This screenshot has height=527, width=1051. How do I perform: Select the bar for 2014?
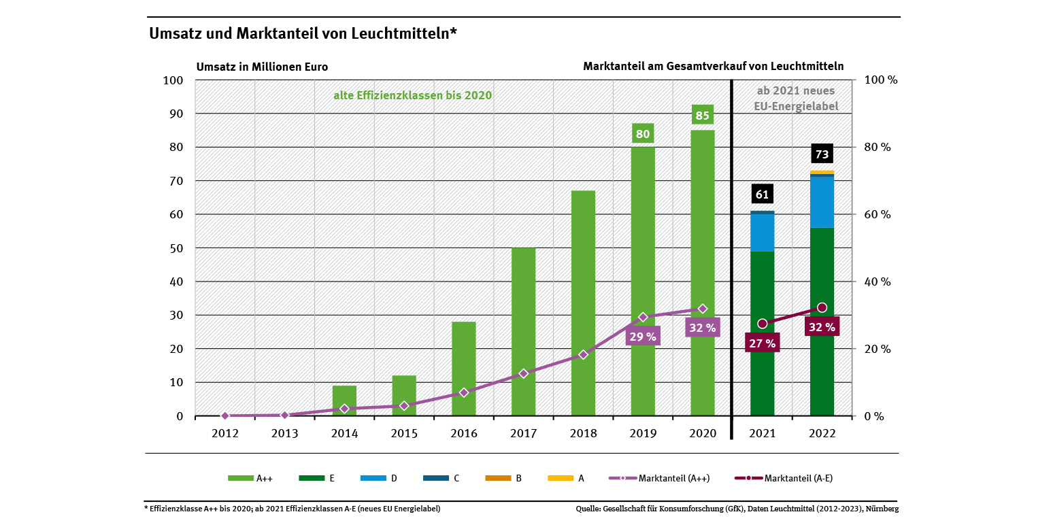[344, 401]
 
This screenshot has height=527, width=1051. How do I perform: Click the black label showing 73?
[822, 154]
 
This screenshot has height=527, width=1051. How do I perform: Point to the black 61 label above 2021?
[762, 194]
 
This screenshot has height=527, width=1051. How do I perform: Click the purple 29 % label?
[643, 336]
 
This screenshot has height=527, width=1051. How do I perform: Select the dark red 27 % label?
[762, 343]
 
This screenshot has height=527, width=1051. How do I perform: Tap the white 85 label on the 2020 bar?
[702, 116]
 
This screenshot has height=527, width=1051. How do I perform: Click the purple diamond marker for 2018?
[583, 355]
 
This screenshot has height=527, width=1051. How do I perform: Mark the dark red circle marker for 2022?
[822, 307]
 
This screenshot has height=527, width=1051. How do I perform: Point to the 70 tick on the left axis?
[175, 181]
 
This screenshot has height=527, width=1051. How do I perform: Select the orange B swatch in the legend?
[497, 478]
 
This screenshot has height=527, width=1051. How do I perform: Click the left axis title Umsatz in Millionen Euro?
[262, 67]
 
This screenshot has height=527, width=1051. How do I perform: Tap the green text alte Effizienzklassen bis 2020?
[412, 96]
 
